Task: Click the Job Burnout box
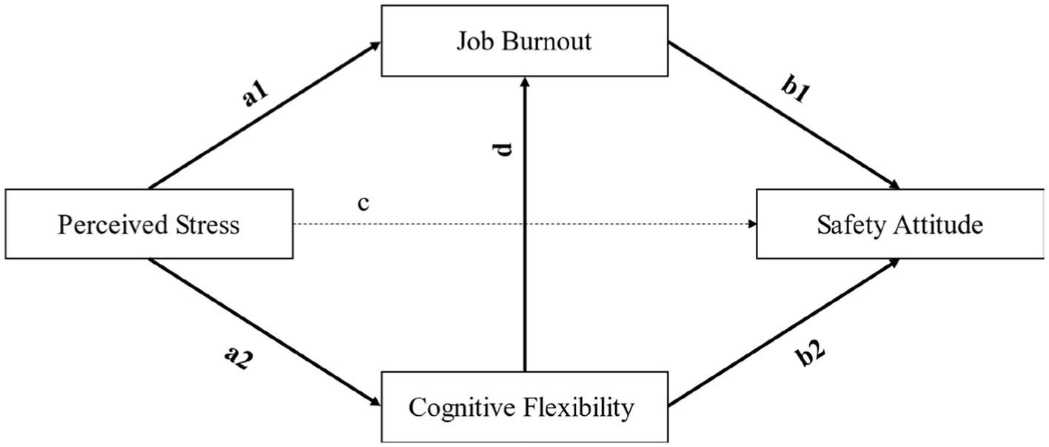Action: pos(524,41)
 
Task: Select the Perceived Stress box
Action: pos(149,224)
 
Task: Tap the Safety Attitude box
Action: pos(900,224)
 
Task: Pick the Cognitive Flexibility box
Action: pos(524,406)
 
